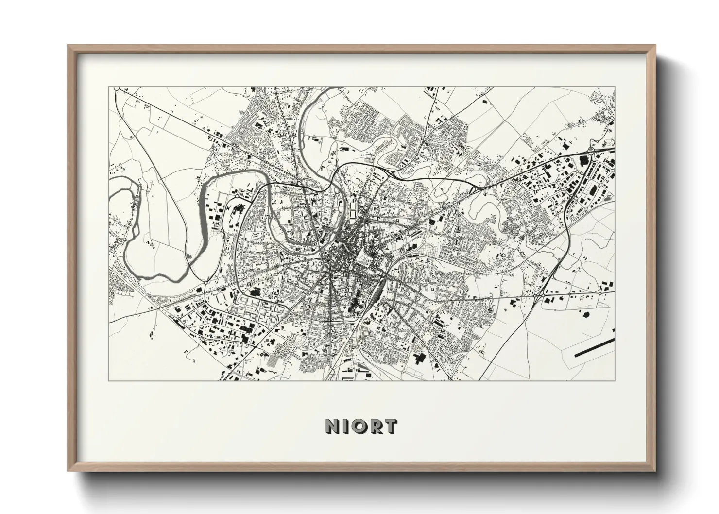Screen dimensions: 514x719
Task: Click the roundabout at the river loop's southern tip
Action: [x=206, y=282]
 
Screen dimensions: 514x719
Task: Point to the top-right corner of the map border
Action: [x=615, y=87]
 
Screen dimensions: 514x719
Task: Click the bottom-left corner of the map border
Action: [x=109, y=380]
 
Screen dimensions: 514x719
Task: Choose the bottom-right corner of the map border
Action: [x=615, y=380]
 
